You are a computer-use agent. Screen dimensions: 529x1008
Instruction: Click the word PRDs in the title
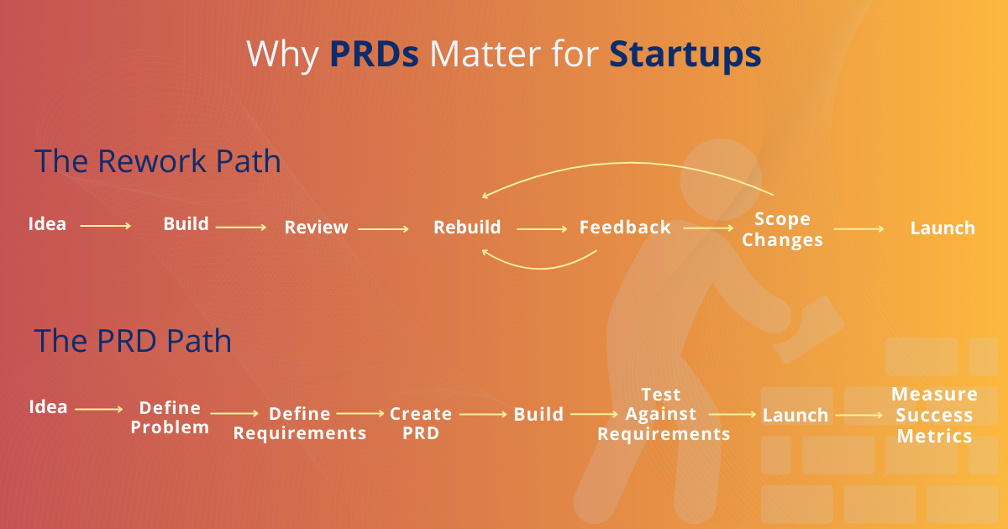click(x=375, y=54)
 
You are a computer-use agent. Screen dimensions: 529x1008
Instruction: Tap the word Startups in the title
click(x=685, y=54)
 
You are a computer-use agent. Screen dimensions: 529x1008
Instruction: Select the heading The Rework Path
click(x=157, y=161)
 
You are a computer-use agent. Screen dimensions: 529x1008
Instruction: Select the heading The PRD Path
click(x=133, y=341)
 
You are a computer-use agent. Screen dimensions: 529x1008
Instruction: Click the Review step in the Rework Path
click(x=316, y=228)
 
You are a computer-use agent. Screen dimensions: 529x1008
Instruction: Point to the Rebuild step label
click(x=467, y=228)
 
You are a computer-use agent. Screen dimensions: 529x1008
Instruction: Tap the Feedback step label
click(x=625, y=228)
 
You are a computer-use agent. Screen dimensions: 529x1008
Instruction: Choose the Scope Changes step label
click(x=782, y=229)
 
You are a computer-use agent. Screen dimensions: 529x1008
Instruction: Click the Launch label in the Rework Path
click(x=942, y=228)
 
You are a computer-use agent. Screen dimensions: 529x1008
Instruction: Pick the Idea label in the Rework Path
click(x=47, y=224)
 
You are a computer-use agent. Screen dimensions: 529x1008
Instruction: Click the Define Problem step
click(x=170, y=417)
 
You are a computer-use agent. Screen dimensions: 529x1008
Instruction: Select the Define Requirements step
click(x=300, y=423)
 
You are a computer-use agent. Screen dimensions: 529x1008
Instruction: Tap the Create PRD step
click(x=421, y=423)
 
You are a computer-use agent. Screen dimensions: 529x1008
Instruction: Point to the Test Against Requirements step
click(x=664, y=414)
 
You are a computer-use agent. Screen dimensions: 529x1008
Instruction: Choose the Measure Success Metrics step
click(x=934, y=415)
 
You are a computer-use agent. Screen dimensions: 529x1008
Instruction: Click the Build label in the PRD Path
click(x=538, y=415)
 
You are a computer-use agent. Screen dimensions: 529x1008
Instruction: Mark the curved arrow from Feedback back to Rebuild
click(x=538, y=264)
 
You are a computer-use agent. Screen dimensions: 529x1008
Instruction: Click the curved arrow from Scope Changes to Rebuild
click(x=622, y=167)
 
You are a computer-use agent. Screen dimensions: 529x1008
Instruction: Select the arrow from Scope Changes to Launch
click(x=858, y=228)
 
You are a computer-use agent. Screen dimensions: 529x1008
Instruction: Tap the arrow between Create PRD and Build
click(x=483, y=414)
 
